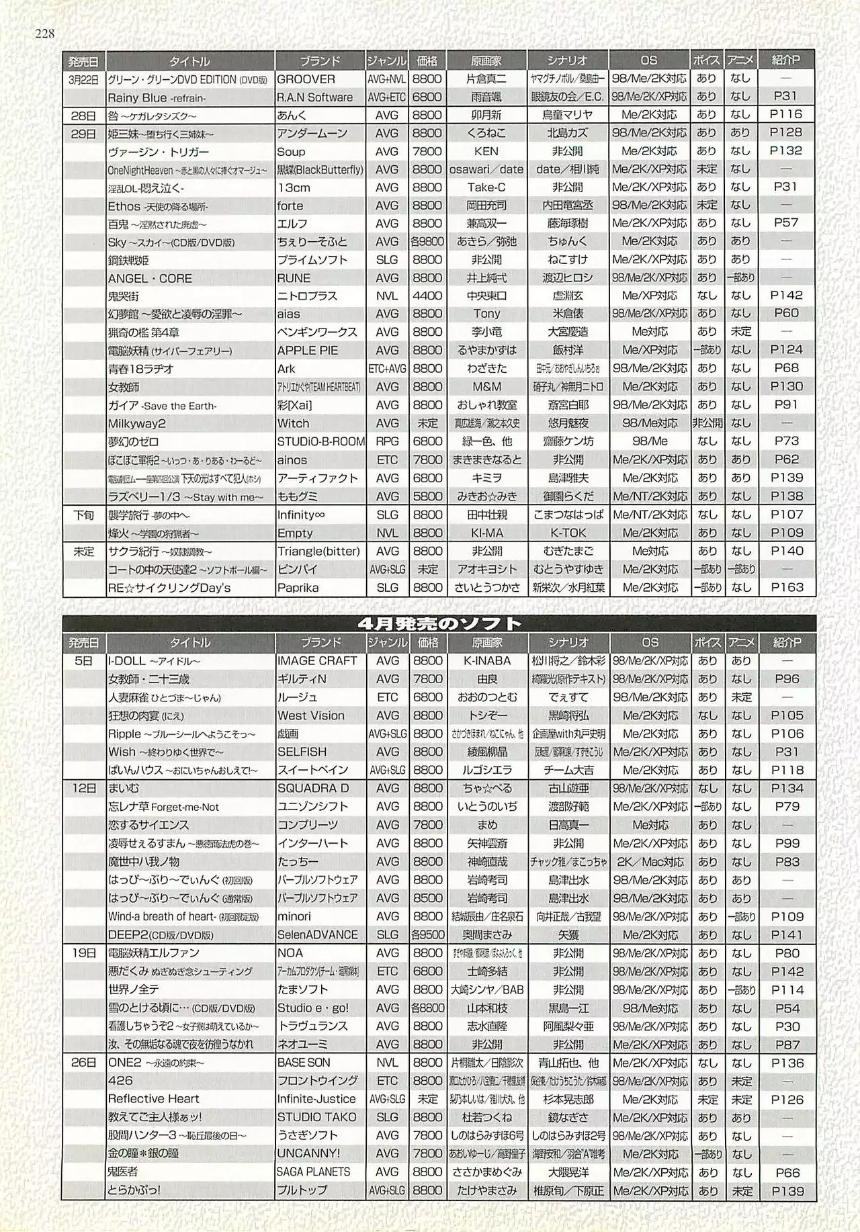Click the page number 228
point(44,34)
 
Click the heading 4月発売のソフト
point(439,623)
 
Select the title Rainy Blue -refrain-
point(157,97)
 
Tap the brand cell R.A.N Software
point(314,97)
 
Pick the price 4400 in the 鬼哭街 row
point(427,296)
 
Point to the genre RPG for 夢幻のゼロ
point(387,441)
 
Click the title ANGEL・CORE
point(150,278)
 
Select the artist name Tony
point(486,314)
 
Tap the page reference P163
point(787,587)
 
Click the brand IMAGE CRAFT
point(317,661)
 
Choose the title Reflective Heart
point(154,1099)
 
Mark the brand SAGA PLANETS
point(314,1172)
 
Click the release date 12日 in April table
point(84,788)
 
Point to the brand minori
point(294,916)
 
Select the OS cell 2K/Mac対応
point(650,862)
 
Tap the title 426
point(120,1081)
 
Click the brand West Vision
point(310,715)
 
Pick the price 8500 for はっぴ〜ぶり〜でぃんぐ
point(427,898)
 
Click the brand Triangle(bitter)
point(318,551)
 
